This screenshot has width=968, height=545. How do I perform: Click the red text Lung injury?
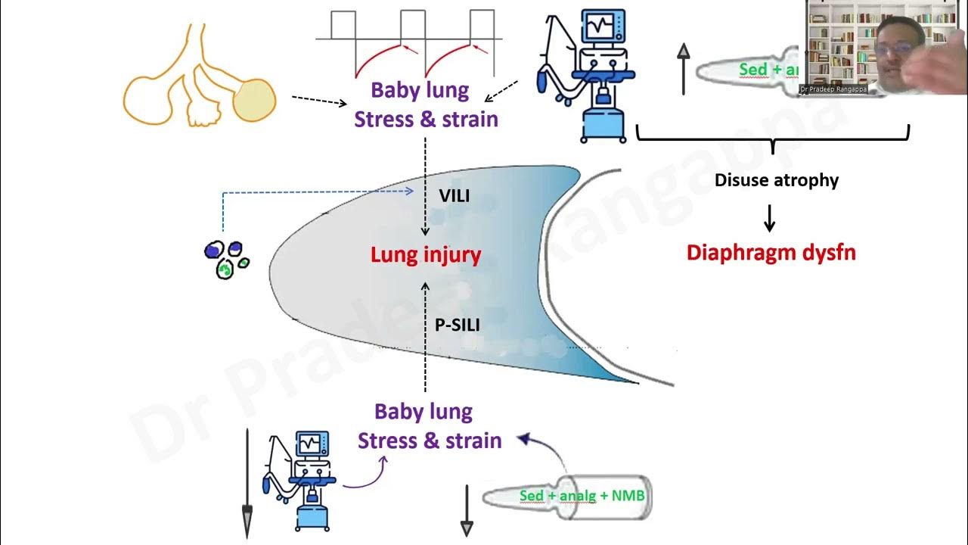[x=426, y=255]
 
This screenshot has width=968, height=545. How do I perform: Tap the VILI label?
[x=455, y=196]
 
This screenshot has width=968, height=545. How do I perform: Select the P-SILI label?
[x=458, y=324]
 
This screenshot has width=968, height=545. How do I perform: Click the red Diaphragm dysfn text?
[x=771, y=252]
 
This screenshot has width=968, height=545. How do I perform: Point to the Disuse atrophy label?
[x=777, y=181]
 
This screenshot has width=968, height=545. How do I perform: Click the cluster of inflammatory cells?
[x=226, y=259]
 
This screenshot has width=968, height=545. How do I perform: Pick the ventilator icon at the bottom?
[x=302, y=481]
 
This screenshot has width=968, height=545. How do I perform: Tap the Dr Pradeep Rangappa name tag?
[x=833, y=89]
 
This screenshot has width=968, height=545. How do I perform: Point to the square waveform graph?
[x=408, y=42]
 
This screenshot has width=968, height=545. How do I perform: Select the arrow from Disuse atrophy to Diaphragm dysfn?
[x=770, y=217]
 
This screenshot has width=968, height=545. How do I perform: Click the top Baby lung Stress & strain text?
[x=426, y=104]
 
